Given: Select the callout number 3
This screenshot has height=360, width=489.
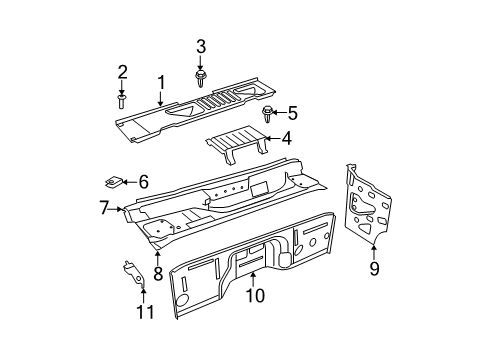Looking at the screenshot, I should pyautogui.click(x=200, y=46).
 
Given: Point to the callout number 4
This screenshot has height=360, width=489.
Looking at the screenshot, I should pyautogui.click(x=285, y=140).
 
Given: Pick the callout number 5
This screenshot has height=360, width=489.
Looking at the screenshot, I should pyautogui.click(x=294, y=114).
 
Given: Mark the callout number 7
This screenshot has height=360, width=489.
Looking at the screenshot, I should pyautogui.click(x=103, y=208).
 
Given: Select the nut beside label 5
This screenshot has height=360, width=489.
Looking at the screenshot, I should pyautogui.click(x=269, y=112).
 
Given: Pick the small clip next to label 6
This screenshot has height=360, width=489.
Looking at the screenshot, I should pyautogui.click(x=114, y=182).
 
